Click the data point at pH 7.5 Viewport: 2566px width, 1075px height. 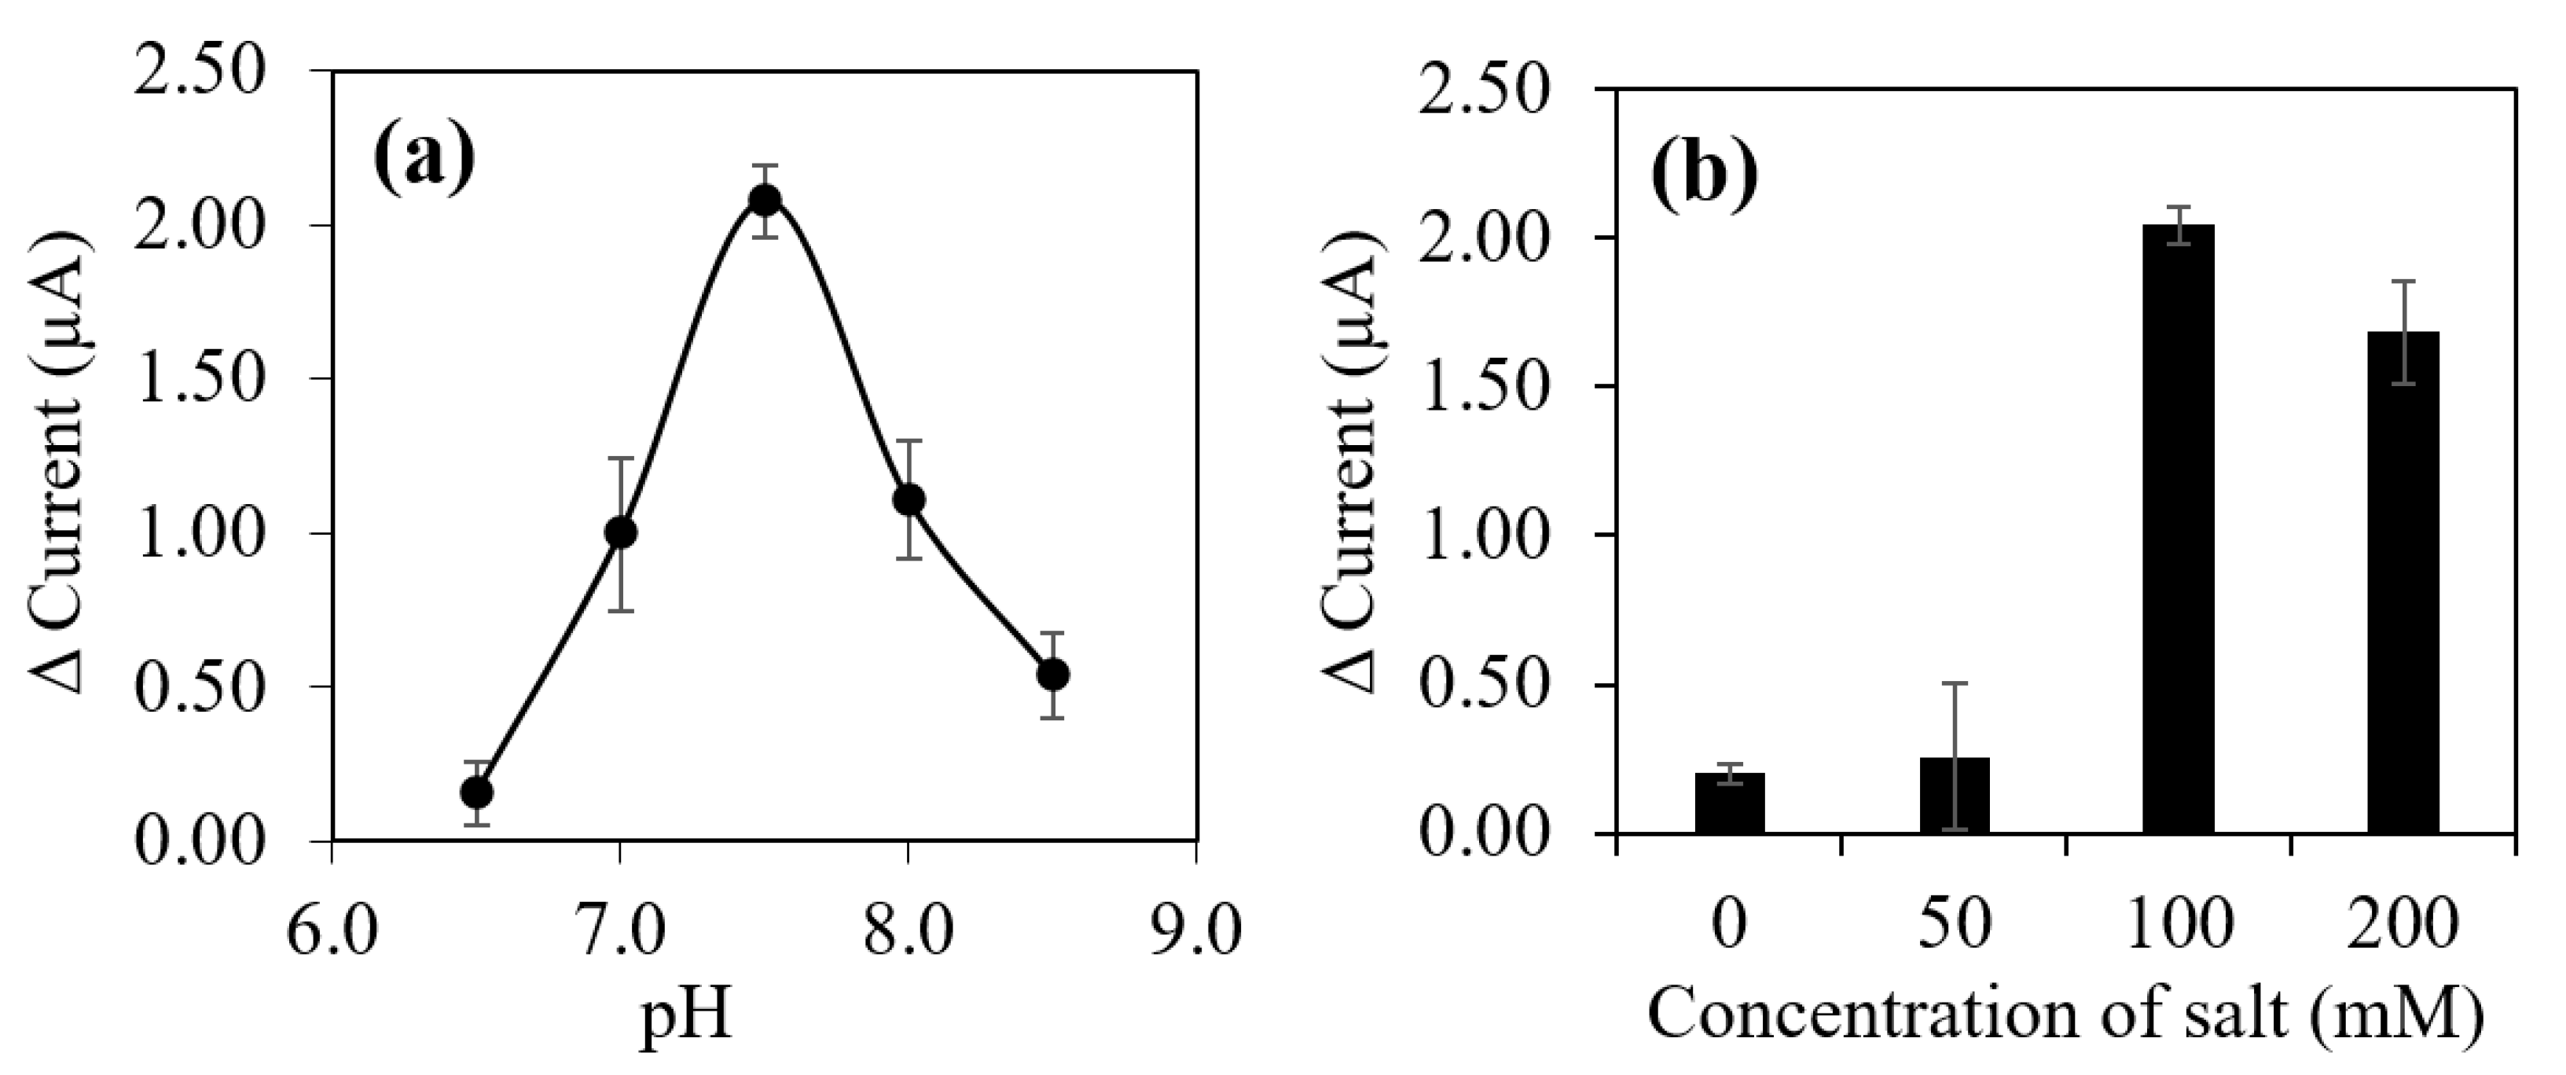[x=764, y=201]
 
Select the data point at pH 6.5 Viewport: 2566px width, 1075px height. [x=476, y=792]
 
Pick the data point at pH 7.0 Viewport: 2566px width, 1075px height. [x=621, y=533]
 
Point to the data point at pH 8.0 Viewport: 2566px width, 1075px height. [x=909, y=499]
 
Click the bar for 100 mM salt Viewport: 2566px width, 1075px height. [x=2178, y=528]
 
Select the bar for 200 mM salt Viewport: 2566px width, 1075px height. [x=2403, y=582]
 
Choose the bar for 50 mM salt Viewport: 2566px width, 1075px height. [x=1955, y=794]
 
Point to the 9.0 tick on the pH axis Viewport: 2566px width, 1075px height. [x=1195, y=934]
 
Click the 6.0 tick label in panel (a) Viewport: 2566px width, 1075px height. [x=332, y=934]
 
